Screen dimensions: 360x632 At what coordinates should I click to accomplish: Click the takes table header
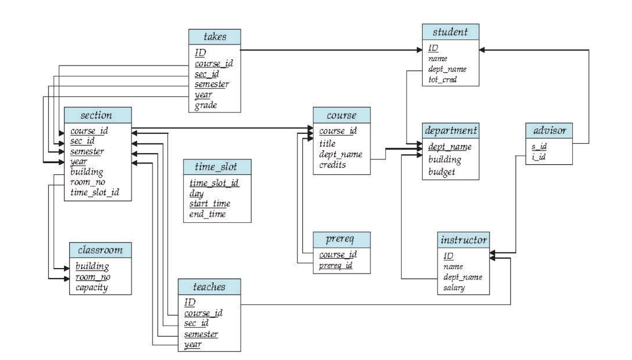click(215, 36)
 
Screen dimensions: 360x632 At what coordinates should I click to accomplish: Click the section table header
click(98, 115)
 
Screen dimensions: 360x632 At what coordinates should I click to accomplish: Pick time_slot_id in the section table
click(94, 193)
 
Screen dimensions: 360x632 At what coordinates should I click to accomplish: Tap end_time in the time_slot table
click(208, 214)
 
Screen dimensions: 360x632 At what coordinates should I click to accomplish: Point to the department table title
click(451, 132)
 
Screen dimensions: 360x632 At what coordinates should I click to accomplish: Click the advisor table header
click(549, 131)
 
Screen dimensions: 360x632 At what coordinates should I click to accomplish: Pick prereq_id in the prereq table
click(336, 266)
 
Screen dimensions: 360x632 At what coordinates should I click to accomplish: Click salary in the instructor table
click(455, 288)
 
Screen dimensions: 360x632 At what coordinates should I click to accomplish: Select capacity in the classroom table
click(92, 288)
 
